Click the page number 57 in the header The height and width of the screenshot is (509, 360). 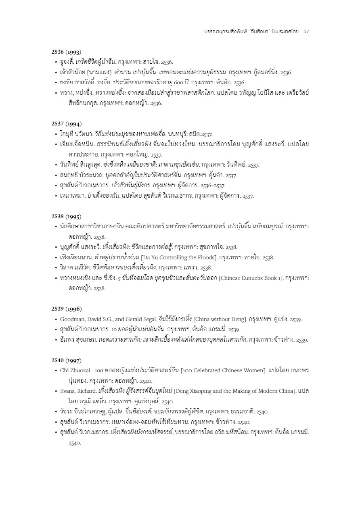(x=306, y=31)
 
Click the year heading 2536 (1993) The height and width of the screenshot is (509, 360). (x=67, y=52)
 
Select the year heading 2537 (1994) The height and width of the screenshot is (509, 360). (x=67, y=123)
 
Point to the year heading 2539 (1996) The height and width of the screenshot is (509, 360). (x=67, y=309)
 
